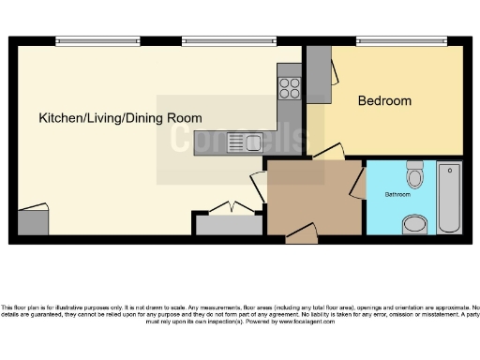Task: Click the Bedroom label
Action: click(x=384, y=100)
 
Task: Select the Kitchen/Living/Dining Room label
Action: click(x=120, y=118)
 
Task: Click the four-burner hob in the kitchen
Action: click(x=290, y=88)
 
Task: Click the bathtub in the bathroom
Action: click(x=449, y=197)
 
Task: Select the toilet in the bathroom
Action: click(x=414, y=175)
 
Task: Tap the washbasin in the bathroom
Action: click(x=414, y=224)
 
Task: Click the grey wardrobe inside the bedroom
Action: click(x=319, y=75)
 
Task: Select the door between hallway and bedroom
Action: click(x=328, y=153)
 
